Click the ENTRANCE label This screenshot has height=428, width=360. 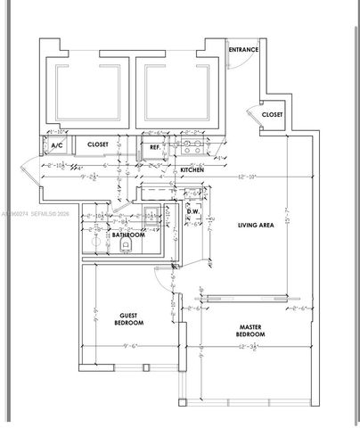click(243, 49)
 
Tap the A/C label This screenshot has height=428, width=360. click(56, 144)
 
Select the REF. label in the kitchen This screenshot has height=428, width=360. click(154, 146)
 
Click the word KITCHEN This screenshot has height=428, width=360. click(193, 169)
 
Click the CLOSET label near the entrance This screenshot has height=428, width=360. click(272, 114)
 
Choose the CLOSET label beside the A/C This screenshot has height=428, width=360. click(97, 144)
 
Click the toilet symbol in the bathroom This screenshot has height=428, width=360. click(126, 242)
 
